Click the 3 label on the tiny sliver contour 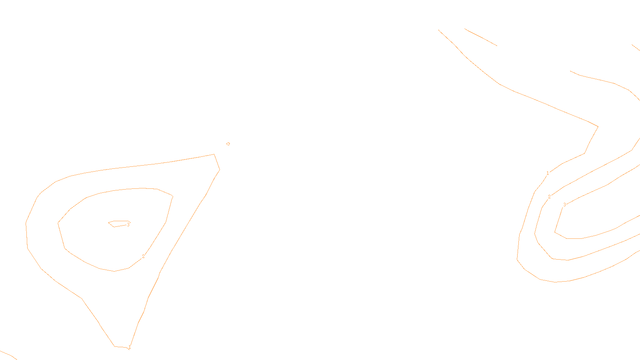128,225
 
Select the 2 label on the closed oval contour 143,256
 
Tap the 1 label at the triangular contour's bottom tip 129,347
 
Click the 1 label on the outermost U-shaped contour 548,173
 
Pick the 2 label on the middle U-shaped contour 549,197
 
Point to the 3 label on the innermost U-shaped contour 564,205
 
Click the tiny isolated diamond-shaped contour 228,144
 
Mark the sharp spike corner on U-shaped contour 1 598,126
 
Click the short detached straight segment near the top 480,37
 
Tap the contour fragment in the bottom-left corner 8,355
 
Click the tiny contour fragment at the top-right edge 636,47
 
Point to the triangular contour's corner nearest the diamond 214,154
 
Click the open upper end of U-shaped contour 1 439,30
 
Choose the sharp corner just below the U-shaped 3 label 555,232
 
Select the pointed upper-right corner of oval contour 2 172,196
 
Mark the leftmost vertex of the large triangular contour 26,223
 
